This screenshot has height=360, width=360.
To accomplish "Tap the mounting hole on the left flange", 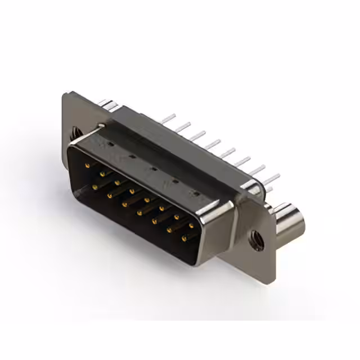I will coord(75,134).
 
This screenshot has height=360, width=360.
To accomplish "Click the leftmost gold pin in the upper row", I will coord(87,165).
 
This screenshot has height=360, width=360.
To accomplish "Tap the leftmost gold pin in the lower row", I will coord(95,186).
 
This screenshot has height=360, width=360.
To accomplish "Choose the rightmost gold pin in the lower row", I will coord(184,238).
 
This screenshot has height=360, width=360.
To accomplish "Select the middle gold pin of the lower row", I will coord(139,213).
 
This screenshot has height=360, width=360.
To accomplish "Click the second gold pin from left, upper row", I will coord(102,174).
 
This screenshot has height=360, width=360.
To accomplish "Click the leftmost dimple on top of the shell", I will coord(110,144).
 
